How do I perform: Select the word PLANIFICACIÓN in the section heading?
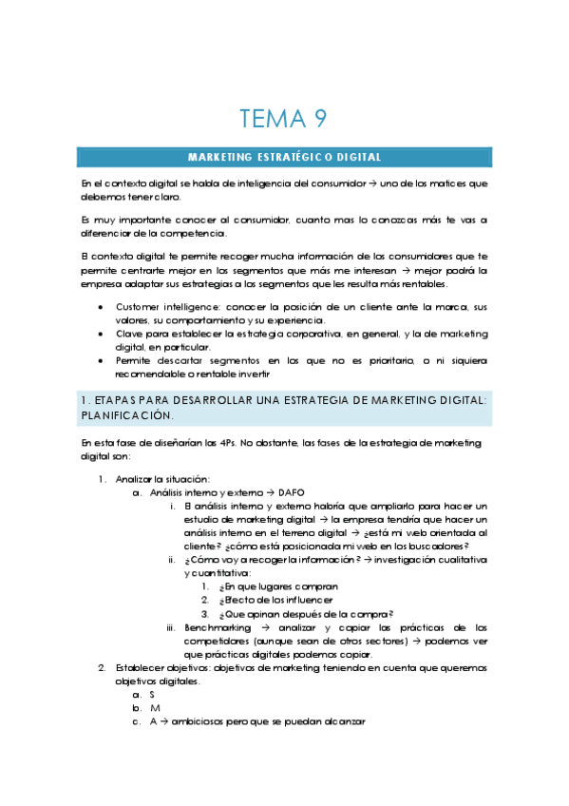pos(128,416)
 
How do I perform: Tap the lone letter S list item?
pos(153,695)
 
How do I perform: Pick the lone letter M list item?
pos(154,708)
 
